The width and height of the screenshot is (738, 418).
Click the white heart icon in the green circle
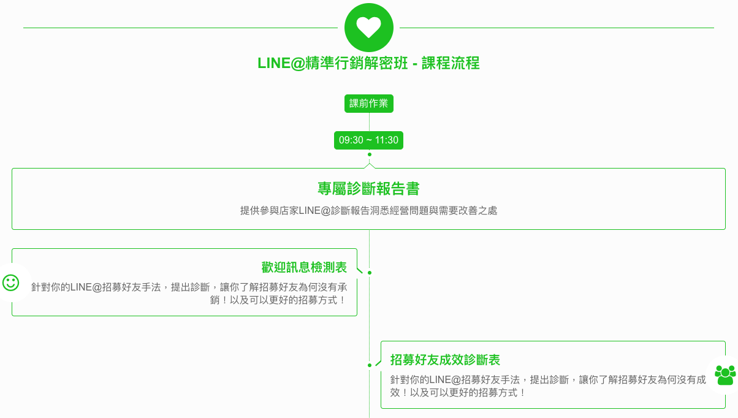(368, 27)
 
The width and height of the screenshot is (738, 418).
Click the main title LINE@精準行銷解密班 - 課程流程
(368, 63)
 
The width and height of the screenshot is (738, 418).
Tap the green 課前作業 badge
(368, 104)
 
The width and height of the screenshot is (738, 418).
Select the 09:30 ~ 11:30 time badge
(368, 140)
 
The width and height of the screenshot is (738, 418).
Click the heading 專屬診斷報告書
(368, 189)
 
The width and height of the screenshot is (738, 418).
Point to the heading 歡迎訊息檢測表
(304, 267)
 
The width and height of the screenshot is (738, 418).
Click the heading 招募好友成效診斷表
(445, 360)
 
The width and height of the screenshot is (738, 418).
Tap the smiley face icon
(10, 283)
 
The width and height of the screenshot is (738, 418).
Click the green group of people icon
(725, 375)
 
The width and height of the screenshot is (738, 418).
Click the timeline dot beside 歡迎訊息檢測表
(370, 273)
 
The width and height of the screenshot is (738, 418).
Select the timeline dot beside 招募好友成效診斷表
(370, 365)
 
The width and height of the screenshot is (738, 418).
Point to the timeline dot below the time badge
(370, 154)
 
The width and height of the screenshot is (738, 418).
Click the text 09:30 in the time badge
(351, 140)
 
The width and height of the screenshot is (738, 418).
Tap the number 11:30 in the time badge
(386, 140)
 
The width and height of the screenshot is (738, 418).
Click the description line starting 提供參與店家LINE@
(368, 211)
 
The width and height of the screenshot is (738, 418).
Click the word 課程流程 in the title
(451, 63)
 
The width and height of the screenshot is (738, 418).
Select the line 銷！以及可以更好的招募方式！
(278, 300)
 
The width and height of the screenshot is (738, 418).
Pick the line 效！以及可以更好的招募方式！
(458, 393)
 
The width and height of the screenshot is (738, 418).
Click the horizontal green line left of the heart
(181, 28)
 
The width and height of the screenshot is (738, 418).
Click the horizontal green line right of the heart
(557, 28)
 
